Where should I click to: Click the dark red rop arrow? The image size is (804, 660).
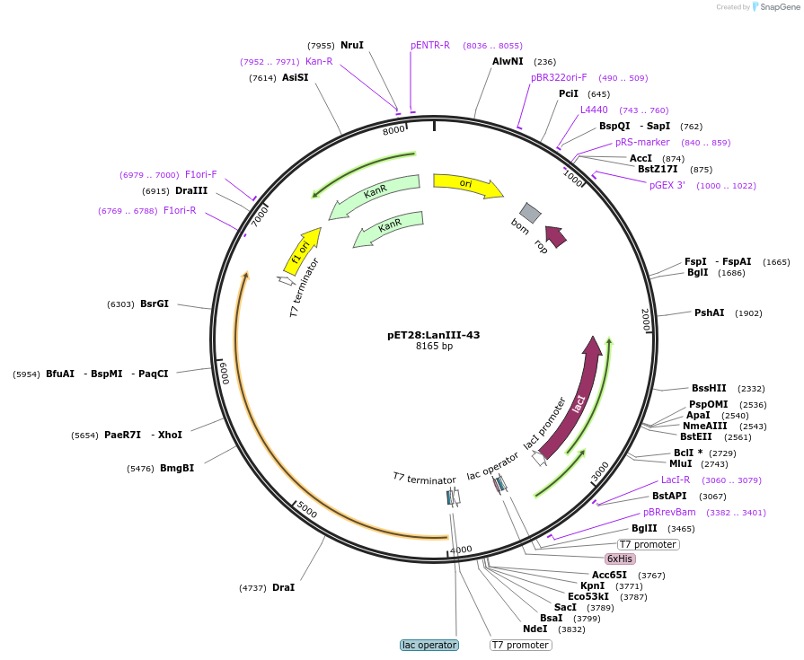coord(556,236)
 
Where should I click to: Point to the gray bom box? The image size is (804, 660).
coord(530,213)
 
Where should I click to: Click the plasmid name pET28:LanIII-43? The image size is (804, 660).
coord(433,335)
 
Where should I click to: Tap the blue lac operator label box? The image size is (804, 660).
coord(429,645)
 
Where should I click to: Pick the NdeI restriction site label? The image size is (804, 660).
coord(535,629)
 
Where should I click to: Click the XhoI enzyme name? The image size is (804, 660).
coord(170,435)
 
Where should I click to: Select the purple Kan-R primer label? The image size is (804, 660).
coord(319,61)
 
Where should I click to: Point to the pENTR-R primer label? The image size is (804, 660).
coord(430,45)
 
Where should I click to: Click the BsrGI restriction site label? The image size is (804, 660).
coord(155,304)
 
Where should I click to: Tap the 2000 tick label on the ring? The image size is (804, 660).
coord(645,320)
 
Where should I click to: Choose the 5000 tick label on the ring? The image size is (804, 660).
coord(306,510)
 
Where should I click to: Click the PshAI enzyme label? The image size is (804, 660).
coord(709,312)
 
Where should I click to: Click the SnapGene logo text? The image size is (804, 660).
coord(777,7)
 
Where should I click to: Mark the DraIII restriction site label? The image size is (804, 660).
coord(191,190)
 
